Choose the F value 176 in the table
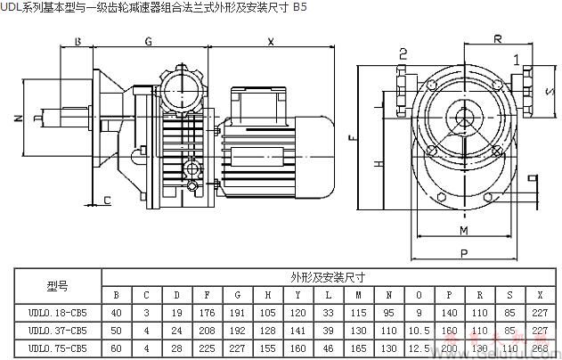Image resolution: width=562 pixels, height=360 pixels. pos(207,313)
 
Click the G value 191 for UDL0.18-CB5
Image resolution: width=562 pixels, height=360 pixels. pos(237,313)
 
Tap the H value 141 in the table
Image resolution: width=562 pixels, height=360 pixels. pos(267,330)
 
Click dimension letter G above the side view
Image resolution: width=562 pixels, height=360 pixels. pos(148,42)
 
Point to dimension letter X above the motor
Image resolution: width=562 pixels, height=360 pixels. pos(271,42)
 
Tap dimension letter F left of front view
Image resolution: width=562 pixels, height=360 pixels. pos(353,138)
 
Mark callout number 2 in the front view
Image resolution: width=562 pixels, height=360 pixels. pos(403,53)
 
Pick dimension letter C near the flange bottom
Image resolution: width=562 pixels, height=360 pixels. pos(107,200)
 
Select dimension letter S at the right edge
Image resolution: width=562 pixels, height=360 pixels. pos(548,92)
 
